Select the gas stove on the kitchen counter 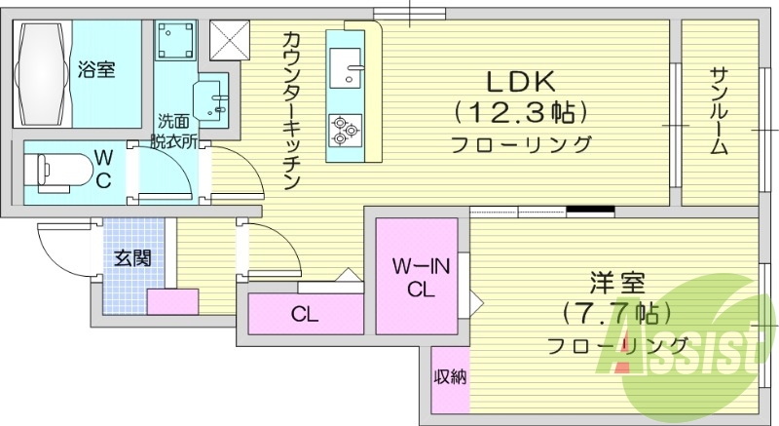pos(345,129)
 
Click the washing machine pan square pos(177,42)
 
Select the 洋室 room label pos(616,285)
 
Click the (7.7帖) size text pos(614,314)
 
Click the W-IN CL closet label pos(419,277)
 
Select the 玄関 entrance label pos(132,259)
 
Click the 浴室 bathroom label pos(96,70)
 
